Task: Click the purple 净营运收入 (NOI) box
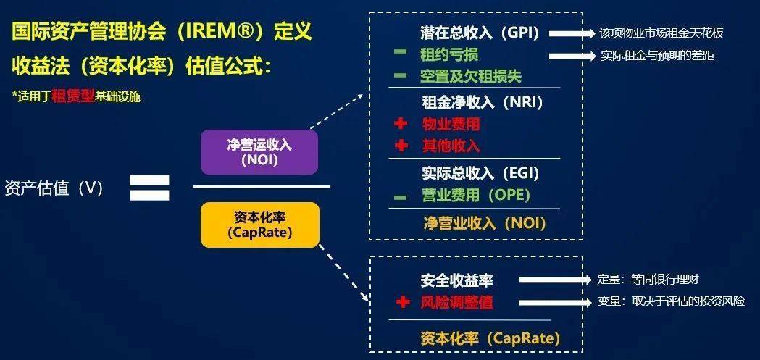tap(259, 152)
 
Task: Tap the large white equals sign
tap(149, 187)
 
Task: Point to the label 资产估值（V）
tap(54, 188)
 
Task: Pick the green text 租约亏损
tap(449, 55)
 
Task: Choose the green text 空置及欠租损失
tap(471, 75)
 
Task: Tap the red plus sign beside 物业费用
tap(401, 124)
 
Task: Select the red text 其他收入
tap(451, 145)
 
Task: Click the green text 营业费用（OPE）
tap(476, 195)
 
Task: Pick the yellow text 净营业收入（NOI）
tap(485, 222)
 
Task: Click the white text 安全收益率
tap(456, 280)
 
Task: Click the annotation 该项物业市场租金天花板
tap(661, 33)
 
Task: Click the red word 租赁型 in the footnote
tap(74, 96)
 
